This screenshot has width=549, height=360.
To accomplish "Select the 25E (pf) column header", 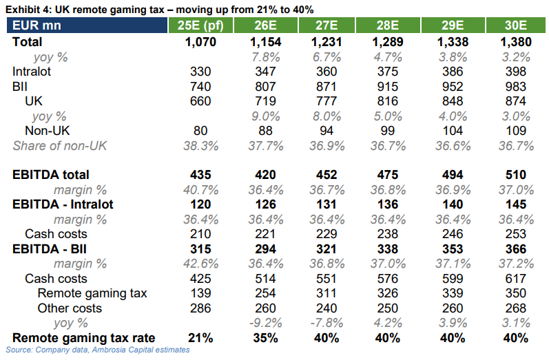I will click(x=200, y=26).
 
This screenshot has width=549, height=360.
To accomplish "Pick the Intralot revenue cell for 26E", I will click(x=265, y=72).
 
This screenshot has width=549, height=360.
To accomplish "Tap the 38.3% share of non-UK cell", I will click(x=200, y=145).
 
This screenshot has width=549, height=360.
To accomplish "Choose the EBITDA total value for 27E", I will click(x=326, y=175).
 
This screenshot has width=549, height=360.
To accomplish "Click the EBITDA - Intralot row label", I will click(x=63, y=204).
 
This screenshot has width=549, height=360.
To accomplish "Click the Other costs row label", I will click(x=70, y=308).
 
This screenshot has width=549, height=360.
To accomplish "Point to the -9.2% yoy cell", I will click(x=265, y=323).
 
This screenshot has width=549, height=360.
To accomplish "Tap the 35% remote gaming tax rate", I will click(x=265, y=338).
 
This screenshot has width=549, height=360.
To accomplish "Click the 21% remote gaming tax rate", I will click(x=200, y=338).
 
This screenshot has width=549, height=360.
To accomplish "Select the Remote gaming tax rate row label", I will click(x=83, y=338).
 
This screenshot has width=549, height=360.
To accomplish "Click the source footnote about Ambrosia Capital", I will click(x=97, y=350).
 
